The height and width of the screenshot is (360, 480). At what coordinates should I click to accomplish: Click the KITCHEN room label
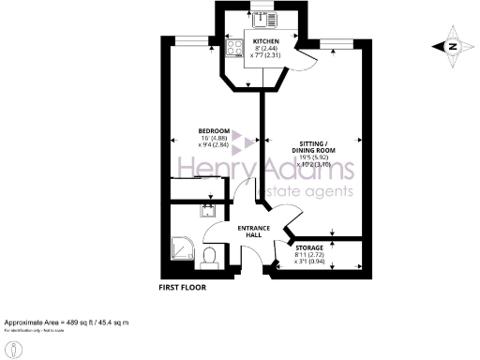pyautogui.click(x=262, y=38)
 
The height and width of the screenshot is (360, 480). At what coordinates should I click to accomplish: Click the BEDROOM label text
pyautogui.click(x=214, y=130)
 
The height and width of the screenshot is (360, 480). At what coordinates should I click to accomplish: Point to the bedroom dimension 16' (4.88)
pyautogui.click(x=215, y=138)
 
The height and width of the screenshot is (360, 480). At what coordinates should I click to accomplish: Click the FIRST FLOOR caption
pyautogui.click(x=182, y=288)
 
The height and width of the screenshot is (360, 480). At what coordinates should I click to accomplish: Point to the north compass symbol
pyautogui.click(x=451, y=46)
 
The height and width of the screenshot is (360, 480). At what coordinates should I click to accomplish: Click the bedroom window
pyautogui.click(x=194, y=38)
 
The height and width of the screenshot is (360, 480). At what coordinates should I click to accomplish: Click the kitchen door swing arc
pyautogui.click(x=302, y=58)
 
